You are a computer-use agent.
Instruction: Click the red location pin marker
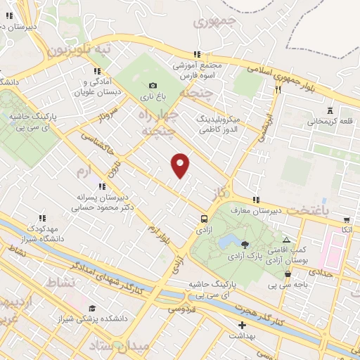click(181, 165)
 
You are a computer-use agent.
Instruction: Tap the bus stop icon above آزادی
click(204, 218)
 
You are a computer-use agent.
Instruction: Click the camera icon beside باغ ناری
click(153, 85)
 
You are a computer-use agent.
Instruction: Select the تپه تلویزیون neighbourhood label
click(79, 51)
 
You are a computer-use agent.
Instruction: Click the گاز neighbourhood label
click(224, 192)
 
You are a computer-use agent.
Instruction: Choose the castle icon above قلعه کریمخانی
click(330, 110)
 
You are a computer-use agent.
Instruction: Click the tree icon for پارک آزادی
click(245, 245)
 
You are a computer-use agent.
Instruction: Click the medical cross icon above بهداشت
click(243, 326)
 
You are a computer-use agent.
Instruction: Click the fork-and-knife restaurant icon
click(278, 90)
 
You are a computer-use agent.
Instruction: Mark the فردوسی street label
click(181, 309)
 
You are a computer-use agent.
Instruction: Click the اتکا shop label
click(346, 230)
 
